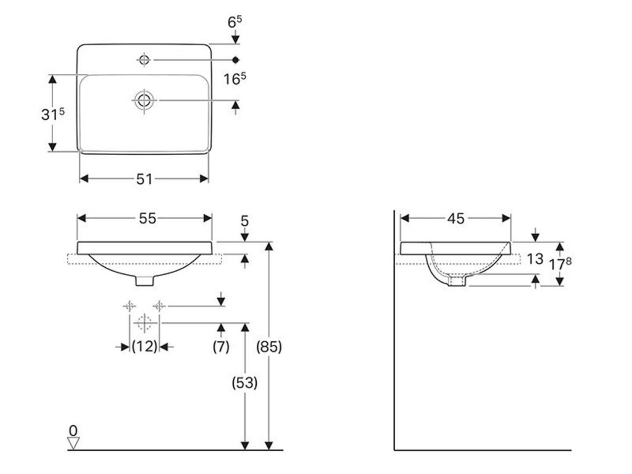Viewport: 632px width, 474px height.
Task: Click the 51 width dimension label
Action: [144, 178]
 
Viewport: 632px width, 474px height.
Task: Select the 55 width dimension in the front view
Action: [148, 218]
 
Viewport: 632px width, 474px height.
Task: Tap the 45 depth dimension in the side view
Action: [456, 218]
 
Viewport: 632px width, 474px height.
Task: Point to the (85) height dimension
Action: [269, 347]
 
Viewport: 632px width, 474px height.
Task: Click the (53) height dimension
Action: [244, 383]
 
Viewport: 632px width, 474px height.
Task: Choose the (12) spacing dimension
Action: [144, 346]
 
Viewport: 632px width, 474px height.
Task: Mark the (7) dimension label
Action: [221, 346]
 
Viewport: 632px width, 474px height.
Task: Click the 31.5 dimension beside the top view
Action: [53, 114]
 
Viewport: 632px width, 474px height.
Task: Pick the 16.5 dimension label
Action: [235, 78]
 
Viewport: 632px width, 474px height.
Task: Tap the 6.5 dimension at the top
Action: [235, 22]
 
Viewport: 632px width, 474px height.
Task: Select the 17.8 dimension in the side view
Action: [560, 264]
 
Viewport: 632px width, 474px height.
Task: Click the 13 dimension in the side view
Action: [535, 259]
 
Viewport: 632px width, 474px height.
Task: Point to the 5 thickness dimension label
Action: [244, 221]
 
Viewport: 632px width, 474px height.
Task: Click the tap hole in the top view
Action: [144, 60]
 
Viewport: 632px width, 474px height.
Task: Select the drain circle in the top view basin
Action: [144, 100]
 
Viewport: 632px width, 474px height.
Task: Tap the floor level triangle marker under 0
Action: [73, 443]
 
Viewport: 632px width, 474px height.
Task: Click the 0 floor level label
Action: [73, 430]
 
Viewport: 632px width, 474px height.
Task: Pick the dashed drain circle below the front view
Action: [144, 323]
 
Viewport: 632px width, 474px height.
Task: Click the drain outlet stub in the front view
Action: [144, 281]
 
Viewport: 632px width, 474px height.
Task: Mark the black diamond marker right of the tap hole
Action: [236, 60]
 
